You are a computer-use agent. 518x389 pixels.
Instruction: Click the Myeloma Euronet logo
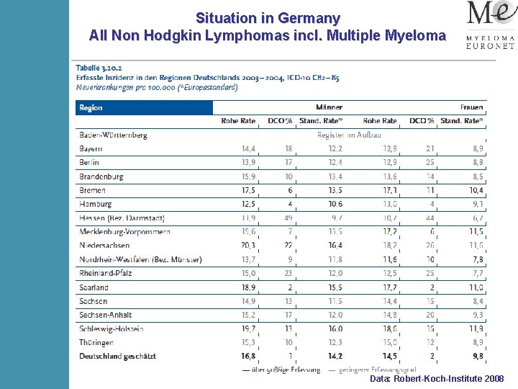point(491,26)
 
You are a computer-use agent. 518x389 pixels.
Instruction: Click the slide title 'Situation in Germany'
point(268,18)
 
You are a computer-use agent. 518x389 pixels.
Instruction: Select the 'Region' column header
point(91,108)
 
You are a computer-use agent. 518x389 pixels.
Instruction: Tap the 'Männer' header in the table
point(330,108)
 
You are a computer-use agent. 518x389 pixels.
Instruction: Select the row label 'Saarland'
point(94,287)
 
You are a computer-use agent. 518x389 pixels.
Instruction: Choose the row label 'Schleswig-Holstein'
point(112,328)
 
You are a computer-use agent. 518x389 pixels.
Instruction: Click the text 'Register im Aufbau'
point(349,135)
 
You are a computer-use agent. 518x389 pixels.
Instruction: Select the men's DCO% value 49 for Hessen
point(288,218)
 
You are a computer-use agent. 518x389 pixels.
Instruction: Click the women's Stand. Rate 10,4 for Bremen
point(476,191)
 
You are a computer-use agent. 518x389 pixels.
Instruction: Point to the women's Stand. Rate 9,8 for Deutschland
point(477,356)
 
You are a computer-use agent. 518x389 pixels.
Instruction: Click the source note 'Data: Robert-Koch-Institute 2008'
point(437,378)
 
